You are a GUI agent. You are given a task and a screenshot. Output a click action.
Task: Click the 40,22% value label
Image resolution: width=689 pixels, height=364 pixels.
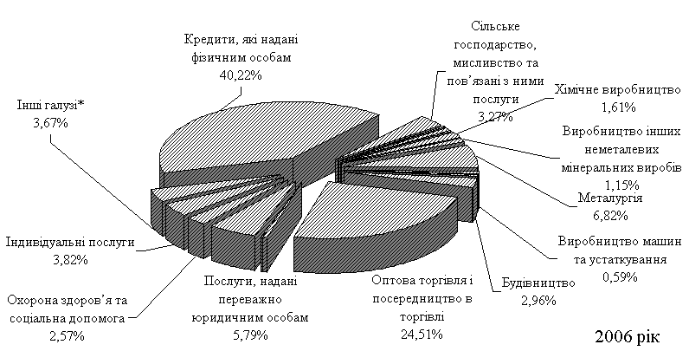click(x=236, y=75)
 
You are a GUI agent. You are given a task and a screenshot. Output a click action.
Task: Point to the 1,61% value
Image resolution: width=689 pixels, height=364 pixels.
click(x=618, y=108)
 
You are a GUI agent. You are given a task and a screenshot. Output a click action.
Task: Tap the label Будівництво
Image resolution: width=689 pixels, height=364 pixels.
click(x=538, y=284)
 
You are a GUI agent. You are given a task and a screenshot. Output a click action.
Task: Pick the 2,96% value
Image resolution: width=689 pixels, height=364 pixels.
click(x=539, y=301)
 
